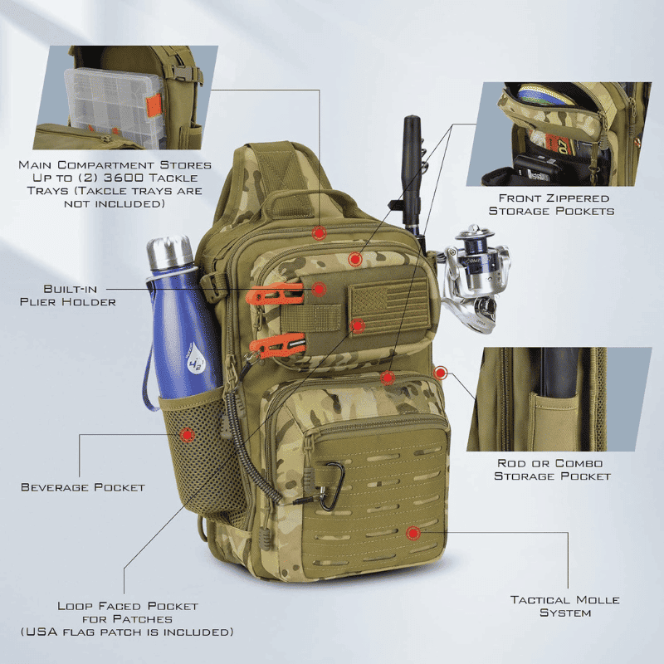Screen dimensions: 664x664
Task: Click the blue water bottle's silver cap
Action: click(170, 253)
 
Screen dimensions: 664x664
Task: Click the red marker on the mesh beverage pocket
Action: click(187, 434)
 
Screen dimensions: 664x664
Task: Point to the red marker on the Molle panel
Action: click(413, 533)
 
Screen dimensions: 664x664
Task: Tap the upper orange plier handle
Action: click(275, 295)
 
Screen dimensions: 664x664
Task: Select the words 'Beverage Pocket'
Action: click(83, 487)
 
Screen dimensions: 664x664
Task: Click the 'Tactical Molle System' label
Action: click(565, 606)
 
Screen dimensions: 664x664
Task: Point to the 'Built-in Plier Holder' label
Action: click(68, 295)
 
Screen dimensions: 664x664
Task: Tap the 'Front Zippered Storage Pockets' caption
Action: click(551, 204)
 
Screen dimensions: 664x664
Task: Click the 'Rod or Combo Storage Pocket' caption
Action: click(552, 470)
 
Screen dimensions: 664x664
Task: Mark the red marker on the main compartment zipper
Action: click(319, 232)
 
